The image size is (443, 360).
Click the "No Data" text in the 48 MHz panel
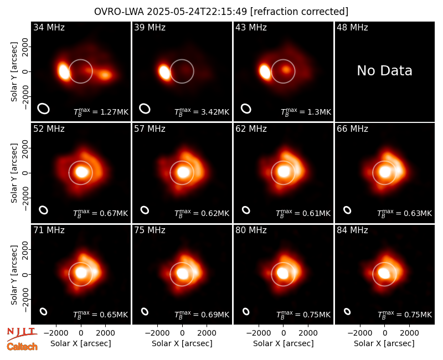click(384, 71)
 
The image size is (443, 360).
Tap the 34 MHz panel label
click(49, 27)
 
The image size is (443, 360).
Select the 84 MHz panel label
click(352, 230)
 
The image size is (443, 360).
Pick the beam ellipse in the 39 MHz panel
click(145, 109)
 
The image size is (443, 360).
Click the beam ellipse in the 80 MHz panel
click(246, 311)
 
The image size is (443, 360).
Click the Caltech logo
click(22, 347)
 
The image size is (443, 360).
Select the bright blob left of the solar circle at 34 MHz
click(64, 71)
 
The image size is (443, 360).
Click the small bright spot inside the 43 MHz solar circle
click(286, 69)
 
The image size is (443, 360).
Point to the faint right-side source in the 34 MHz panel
click(105, 75)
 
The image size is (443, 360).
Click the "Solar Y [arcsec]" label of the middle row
click(14, 173)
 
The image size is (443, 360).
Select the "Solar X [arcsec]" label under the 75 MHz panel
click(182, 343)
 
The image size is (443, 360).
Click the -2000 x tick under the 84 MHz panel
click(359, 333)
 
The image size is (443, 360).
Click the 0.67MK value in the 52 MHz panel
click(114, 213)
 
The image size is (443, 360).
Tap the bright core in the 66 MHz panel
click(385, 172)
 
